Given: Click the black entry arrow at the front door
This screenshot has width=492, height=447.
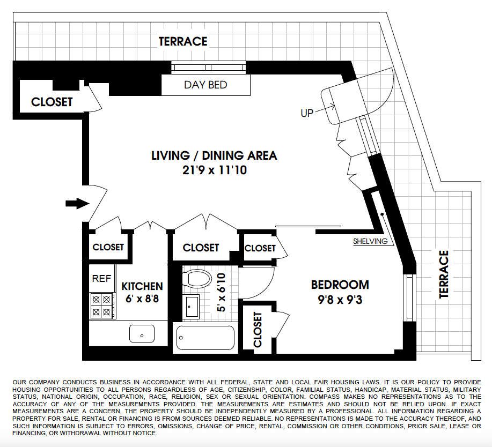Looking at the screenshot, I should (77, 203).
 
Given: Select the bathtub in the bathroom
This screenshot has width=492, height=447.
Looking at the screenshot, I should (205, 338).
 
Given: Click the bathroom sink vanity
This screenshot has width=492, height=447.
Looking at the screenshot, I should (192, 306).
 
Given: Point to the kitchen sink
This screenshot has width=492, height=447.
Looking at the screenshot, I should (142, 333).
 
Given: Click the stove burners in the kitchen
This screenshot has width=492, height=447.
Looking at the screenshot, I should (102, 306).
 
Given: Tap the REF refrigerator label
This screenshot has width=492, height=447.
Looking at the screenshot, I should (101, 279).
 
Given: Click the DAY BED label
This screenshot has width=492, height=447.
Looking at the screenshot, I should (205, 85).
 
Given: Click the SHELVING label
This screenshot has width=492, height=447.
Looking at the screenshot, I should (370, 241).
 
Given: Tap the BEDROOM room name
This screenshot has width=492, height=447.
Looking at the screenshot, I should (340, 285).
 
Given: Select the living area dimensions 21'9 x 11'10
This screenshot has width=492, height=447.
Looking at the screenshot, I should (214, 170).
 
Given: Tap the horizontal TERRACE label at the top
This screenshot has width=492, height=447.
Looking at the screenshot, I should (183, 41).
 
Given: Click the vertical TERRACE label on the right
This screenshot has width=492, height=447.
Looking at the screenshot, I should (443, 274).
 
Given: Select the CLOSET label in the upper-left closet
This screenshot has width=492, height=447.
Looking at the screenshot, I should (52, 102).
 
